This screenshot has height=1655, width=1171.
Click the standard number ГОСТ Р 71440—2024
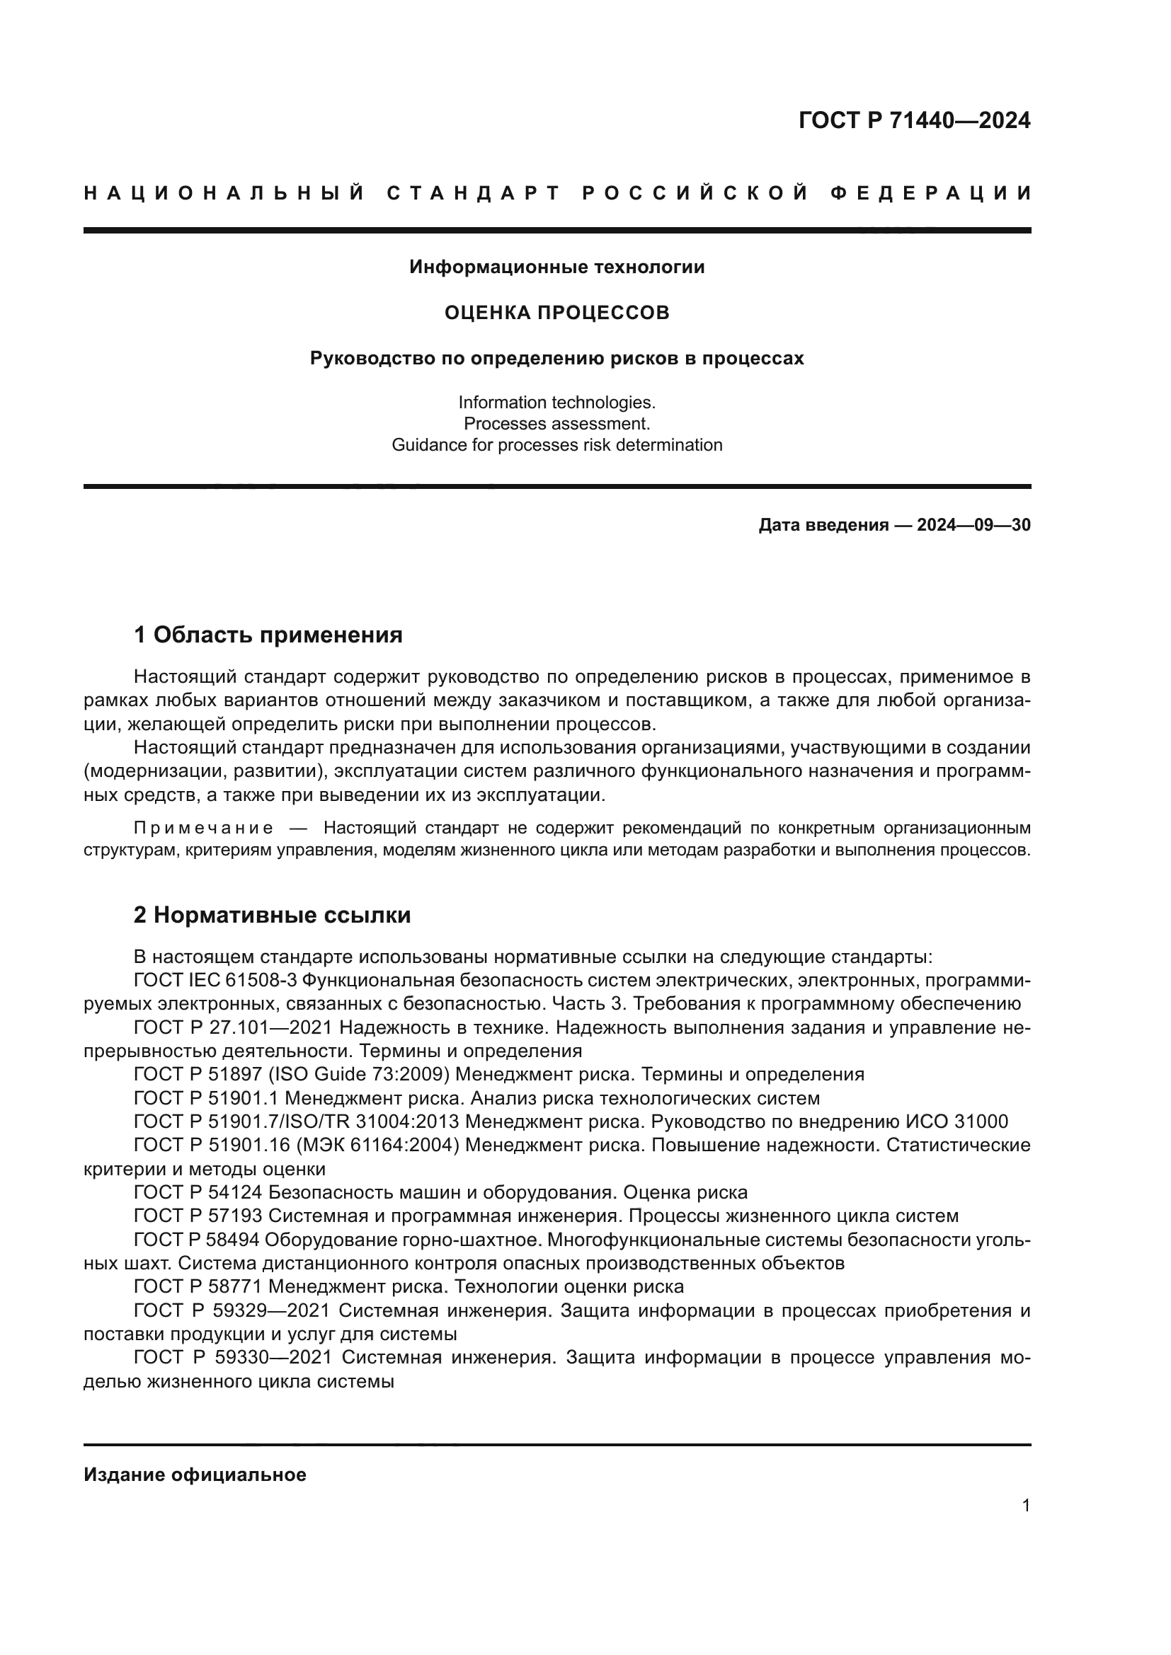click(914, 120)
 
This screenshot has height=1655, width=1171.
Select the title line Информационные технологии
click(556, 267)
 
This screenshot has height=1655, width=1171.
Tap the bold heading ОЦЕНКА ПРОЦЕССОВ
click(556, 313)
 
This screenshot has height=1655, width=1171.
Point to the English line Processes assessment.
click(556, 424)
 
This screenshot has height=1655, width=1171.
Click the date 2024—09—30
click(973, 526)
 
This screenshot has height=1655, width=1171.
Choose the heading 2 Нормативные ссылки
click(272, 916)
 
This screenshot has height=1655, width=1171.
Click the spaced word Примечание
click(203, 828)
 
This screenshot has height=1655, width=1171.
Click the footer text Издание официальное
click(195, 1475)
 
